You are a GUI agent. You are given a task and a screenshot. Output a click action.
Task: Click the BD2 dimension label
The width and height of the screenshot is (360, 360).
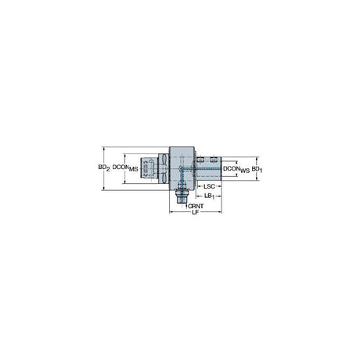[x=104, y=167]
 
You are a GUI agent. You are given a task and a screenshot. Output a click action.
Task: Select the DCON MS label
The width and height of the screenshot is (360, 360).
[x=125, y=167]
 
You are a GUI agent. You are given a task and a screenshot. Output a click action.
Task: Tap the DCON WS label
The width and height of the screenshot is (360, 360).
[x=236, y=169]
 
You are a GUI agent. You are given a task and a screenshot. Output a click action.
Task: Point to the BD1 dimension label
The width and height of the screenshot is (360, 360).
[x=257, y=169]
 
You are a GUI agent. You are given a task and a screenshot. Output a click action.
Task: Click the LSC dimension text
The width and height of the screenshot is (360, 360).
[x=209, y=186]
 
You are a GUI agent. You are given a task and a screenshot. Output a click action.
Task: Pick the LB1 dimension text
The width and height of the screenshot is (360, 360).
[x=209, y=196]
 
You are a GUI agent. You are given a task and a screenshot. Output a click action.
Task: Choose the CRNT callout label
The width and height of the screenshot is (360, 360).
[x=196, y=206]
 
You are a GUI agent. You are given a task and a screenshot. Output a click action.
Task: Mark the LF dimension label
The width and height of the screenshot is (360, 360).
[x=196, y=212]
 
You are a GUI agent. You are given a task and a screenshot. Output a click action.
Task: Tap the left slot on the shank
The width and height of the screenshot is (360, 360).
[x=200, y=160]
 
